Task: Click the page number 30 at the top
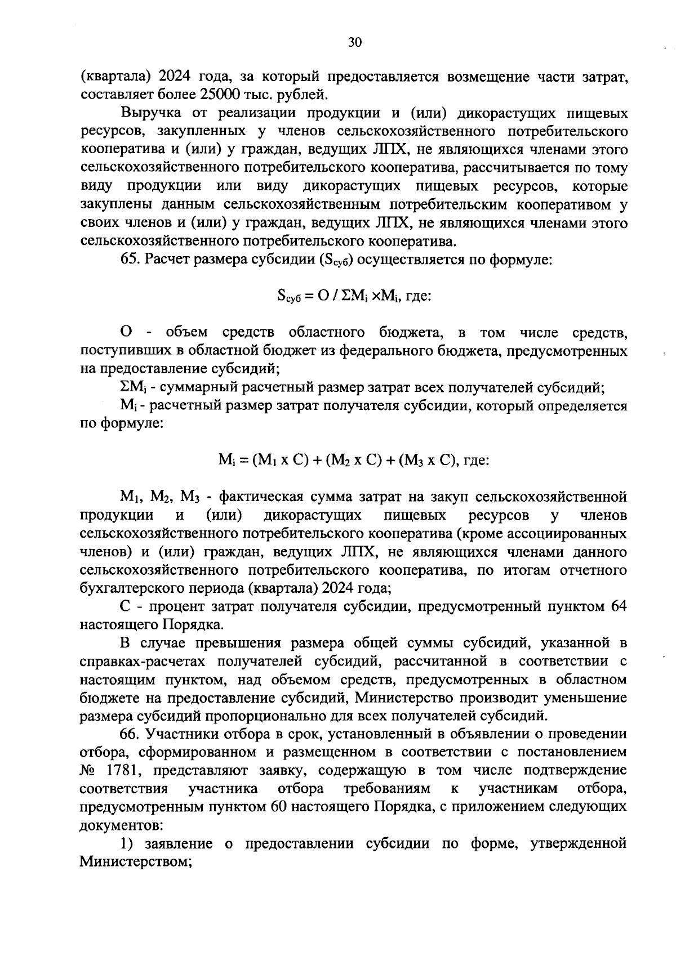tap(354, 43)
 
